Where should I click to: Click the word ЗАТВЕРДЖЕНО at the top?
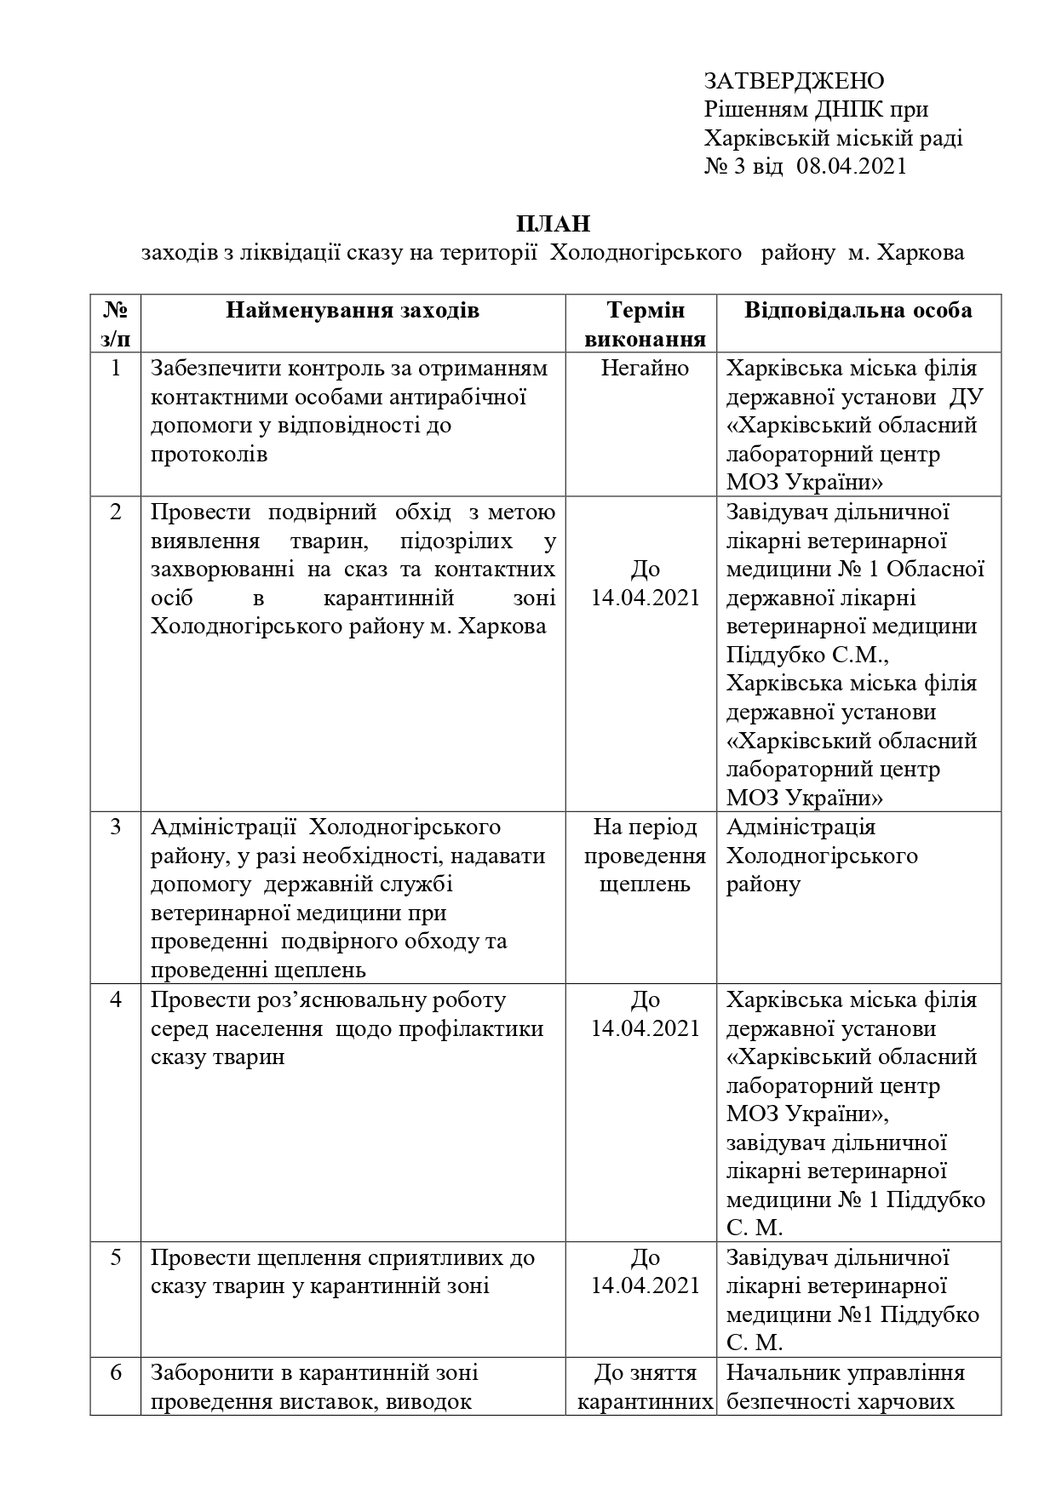tap(794, 81)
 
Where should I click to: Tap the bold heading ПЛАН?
tap(553, 224)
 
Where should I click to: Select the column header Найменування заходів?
tap(353, 310)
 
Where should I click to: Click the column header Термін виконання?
tap(646, 324)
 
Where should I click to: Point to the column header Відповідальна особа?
tap(858, 310)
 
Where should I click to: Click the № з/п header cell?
tap(115, 324)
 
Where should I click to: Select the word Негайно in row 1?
tap(645, 368)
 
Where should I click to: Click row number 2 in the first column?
tap(116, 512)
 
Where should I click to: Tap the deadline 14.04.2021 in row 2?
tap(645, 598)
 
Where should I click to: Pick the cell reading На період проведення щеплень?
tap(645, 856)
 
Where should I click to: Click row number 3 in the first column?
tap(116, 827)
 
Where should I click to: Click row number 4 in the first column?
tap(116, 999)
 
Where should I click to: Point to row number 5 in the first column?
tap(116, 1257)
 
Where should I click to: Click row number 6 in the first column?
tap(116, 1372)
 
